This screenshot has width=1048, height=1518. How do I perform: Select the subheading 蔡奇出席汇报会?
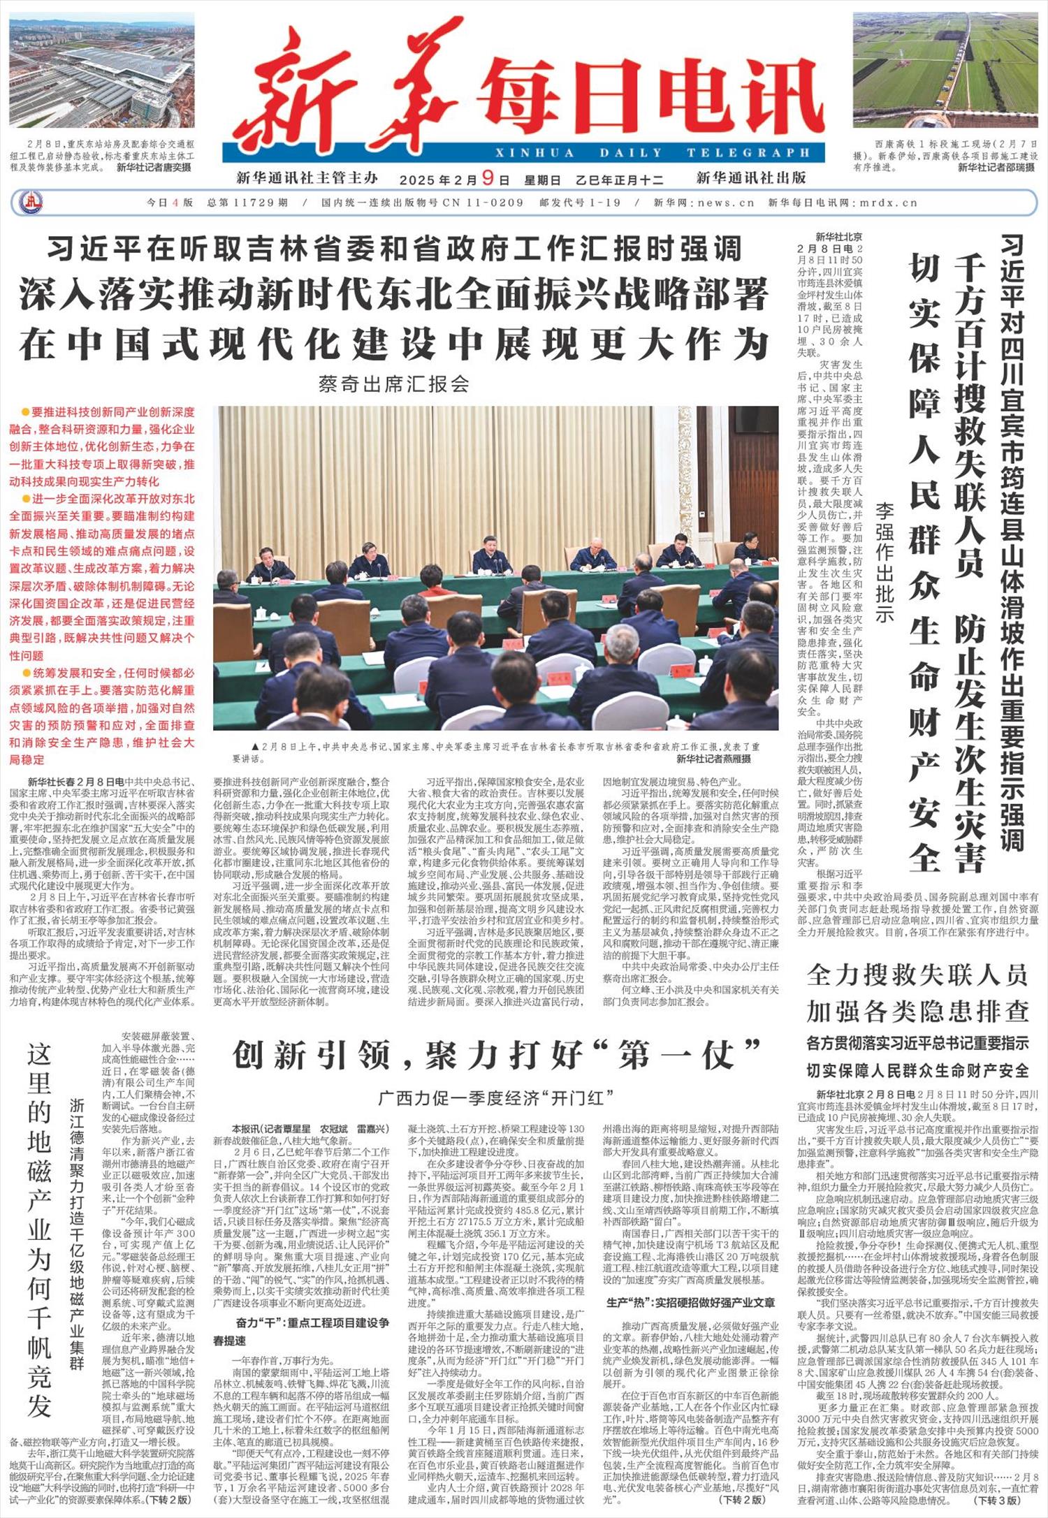point(393,384)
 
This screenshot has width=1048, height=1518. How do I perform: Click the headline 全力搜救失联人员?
point(917,975)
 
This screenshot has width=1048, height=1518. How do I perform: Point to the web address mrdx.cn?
point(887,203)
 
